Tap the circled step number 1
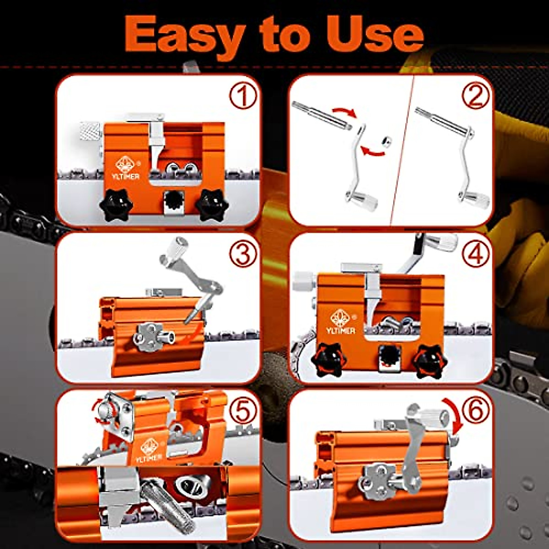pyautogui.click(x=242, y=97)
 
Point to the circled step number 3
pyautogui.click(x=242, y=255)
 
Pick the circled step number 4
pyautogui.click(x=475, y=255)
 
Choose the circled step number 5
pyautogui.click(x=242, y=412)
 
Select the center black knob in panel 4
pyautogui.click(x=388, y=355)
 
